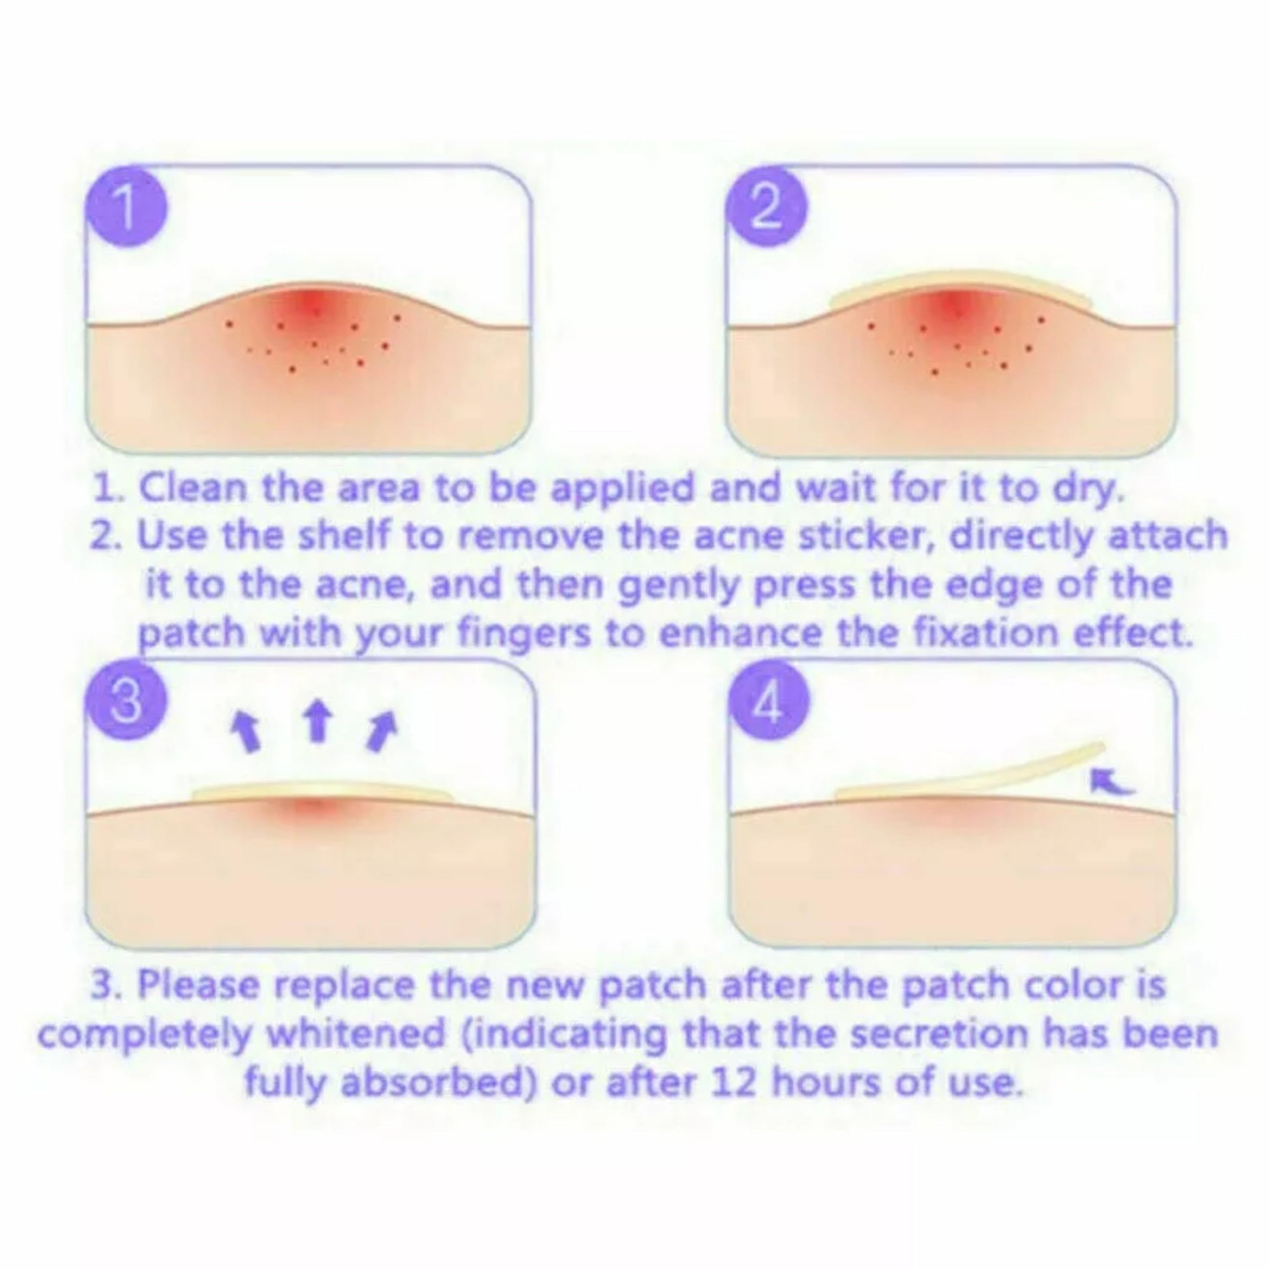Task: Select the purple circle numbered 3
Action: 125,698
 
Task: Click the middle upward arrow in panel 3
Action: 319,721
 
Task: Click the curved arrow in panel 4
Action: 1111,781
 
